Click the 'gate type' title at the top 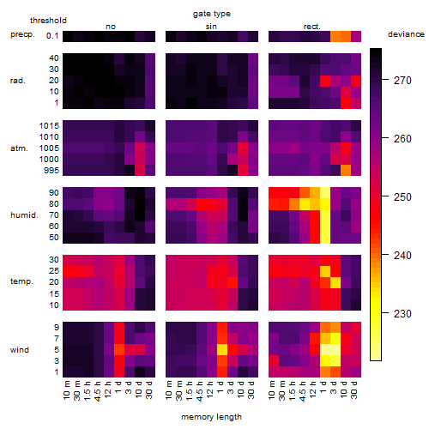[x=212, y=14]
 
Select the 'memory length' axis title [x=211, y=417]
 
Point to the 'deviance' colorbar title [x=406, y=34]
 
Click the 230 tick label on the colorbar [x=402, y=314]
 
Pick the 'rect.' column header [x=312, y=27]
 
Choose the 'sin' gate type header [x=211, y=27]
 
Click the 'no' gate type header [x=111, y=27]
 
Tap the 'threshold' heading [x=48, y=21]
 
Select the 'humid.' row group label [x=24, y=215]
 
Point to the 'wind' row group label [x=20, y=350]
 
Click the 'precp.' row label [x=22, y=34]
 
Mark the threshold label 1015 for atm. [x=49, y=126]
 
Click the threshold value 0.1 [x=52, y=36]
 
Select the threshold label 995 [x=51, y=171]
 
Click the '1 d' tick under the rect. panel [x=323, y=387]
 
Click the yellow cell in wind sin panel [x=222, y=350]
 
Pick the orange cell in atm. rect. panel [x=346, y=171]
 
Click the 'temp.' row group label [x=21, y=281]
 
